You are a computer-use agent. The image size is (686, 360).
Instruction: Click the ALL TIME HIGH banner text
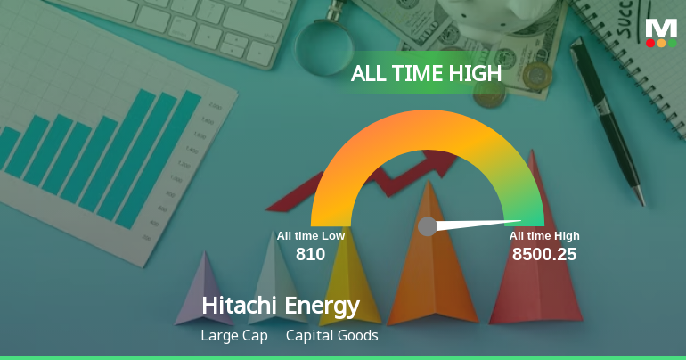[426, 74]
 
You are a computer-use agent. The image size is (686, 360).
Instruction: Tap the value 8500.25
[543, 254]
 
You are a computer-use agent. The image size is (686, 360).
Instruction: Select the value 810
[310, 254]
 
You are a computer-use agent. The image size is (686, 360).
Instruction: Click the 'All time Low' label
[310, 236]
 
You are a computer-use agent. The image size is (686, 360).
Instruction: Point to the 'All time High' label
[544, 236]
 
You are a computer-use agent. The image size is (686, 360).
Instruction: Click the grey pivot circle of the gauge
[428, 226]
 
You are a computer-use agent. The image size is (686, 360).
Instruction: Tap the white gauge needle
[481, 223]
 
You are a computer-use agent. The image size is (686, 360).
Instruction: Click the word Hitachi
[240, 306]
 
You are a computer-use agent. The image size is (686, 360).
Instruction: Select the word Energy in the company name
[322, 307]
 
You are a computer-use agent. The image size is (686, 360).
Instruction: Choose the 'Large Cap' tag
[234, 336]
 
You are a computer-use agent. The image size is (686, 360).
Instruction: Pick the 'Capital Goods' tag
[331, 336]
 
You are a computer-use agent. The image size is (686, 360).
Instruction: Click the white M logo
[661, 27]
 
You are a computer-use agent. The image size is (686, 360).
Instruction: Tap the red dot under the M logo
[650, 43]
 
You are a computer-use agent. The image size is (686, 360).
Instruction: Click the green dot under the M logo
[672, 43]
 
